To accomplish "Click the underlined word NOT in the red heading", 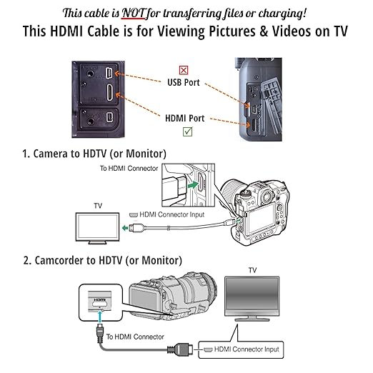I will point(146,12).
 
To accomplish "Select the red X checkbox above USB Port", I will point(184,70).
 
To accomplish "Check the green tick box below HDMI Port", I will point(186,131).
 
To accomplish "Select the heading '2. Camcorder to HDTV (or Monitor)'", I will point(101,259).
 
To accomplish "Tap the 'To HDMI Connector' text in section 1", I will point(129,169).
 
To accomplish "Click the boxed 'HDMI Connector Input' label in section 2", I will point(242,350).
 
